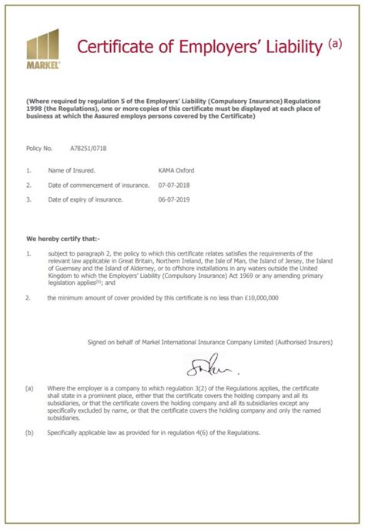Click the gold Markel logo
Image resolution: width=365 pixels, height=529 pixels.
pyautogui.click(x=42, y=49)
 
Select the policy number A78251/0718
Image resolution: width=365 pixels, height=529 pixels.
pyautogui.click(x=89, y=147)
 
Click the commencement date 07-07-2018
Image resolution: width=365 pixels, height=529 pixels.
pyautogui.click(x=174, y=186)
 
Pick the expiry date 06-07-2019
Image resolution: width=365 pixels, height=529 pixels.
pyautogui.click(x=174, y=200)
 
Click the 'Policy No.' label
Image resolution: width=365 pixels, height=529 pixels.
pyautogui.click(x=39, y=147)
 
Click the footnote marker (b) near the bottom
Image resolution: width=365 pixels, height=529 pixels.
pyautogui.click(x=29, y=432)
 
